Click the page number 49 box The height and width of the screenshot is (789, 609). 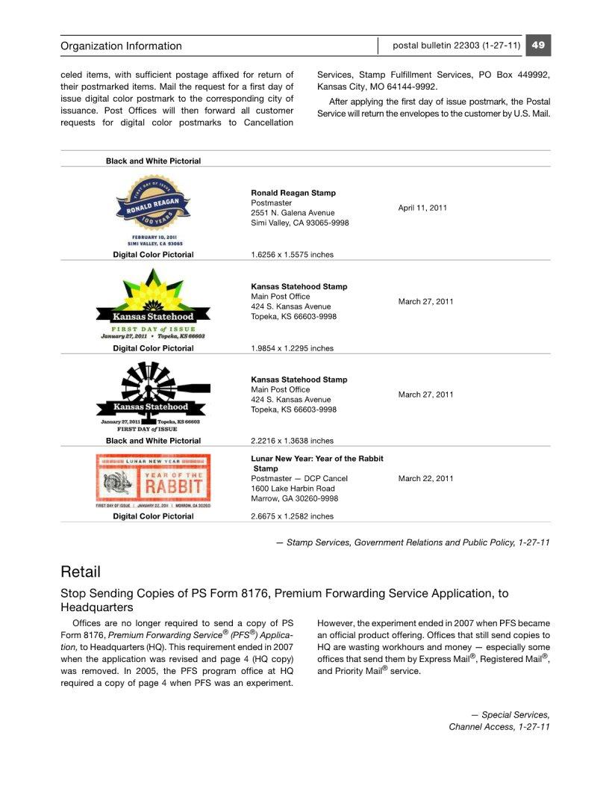(538, 46)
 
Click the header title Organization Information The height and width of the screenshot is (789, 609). (121, 46)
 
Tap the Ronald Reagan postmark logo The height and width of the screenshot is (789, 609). (153, 211)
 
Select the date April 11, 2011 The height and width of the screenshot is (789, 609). (422, 208)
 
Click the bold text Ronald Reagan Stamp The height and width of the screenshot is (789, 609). (293, 193)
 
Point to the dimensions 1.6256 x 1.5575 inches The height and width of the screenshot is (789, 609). (292, 255)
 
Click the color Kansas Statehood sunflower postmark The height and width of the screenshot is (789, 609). (153, 304)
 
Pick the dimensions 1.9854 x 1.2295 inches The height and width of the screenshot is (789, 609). (292, 348)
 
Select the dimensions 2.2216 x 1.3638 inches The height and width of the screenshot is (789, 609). (292, 441)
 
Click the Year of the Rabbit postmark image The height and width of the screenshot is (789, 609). (153, 481)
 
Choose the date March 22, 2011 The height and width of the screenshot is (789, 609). (425, 478)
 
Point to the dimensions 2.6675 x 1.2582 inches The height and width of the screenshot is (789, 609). (292, 516)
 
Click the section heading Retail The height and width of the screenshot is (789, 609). (81, 572)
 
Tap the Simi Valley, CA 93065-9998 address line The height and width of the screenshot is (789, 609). (299, 223)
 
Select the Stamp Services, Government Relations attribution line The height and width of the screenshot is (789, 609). (413, 542)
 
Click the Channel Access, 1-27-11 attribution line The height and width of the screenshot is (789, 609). (499, 727)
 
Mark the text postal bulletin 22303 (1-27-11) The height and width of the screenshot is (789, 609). (456, 46)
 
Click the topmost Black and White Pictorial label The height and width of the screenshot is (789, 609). (153, 161)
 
